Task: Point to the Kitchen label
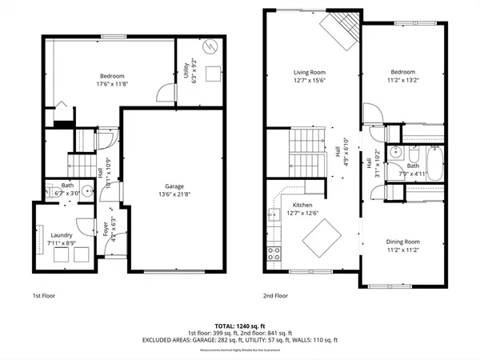[302, 204]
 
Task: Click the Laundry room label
[62, 235]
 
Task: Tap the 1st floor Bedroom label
[113, 75]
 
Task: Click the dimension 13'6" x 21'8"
[163, 194]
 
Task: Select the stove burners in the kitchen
[274, 254]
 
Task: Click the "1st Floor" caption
[44, 295]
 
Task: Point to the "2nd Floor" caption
[275, 295]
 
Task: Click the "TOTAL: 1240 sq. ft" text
[240, 326]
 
